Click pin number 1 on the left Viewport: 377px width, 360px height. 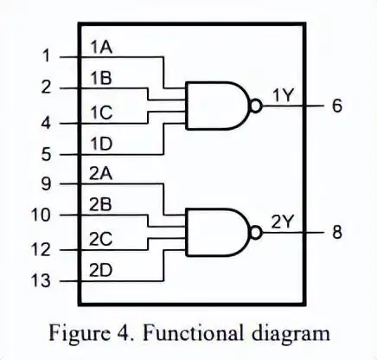click(46, 57)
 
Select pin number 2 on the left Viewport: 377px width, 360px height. click(46, 87)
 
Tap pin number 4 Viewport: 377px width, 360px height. click(46, 123)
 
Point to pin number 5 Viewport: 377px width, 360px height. click(46, 155)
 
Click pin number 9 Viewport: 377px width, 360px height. click(46, 183)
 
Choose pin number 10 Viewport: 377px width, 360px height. click(42, 215)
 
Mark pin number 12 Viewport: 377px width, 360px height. click(42, 250)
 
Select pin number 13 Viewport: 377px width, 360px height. click(42, 281)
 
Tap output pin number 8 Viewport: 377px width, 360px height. click(336, 234)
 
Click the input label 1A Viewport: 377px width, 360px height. click(100, 48)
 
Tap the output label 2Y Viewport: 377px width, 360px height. click(283, 222)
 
